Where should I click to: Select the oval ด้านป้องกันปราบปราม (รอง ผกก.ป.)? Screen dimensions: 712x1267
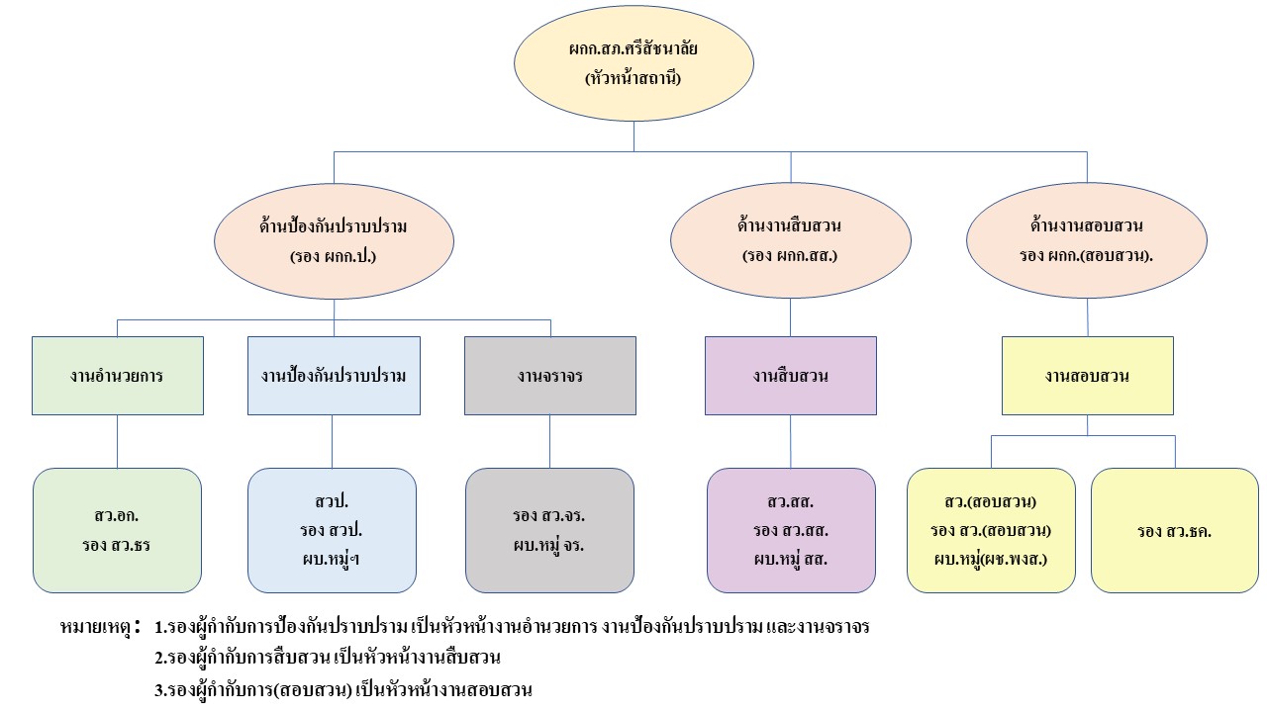coord(334,240)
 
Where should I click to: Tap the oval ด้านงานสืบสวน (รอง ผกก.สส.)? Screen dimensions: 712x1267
coord(790,240)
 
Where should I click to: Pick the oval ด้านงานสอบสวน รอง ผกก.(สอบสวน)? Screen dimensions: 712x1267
coord(1087,240)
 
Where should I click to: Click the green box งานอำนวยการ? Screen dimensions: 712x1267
coord(118,376)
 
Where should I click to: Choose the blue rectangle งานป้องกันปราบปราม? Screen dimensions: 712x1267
coord(334,376)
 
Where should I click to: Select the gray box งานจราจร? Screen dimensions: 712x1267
coord(549,376)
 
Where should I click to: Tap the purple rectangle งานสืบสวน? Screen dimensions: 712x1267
coord(790,376)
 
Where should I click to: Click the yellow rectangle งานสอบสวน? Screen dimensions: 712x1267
coord(1087,376)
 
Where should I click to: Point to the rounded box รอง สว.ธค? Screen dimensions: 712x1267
coord(1174,531)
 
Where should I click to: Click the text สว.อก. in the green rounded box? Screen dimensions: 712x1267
coord(118,516)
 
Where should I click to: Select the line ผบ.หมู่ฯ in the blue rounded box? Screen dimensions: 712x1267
coord(331,559)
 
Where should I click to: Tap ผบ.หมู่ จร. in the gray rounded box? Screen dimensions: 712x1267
coord(548,545)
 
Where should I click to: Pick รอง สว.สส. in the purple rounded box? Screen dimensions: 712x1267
coord(790,531)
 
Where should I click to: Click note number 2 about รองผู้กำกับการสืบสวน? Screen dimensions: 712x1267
coord(328,658)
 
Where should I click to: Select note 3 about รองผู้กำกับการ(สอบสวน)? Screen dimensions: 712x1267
coord(342,690)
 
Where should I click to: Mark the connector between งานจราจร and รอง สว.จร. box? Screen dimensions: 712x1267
coord(549,441)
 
